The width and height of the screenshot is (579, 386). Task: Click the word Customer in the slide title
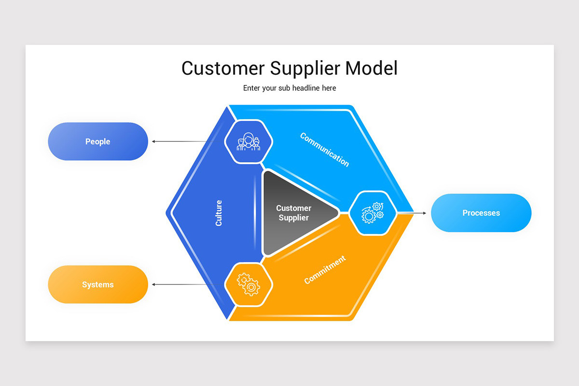click(223, 68)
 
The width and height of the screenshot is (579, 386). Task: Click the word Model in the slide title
click(371, 68)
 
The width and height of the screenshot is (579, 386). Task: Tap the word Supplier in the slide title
click(304, 69)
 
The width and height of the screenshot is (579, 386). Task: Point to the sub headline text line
click(289, 88)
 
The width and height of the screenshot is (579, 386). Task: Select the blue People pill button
click(98, 141)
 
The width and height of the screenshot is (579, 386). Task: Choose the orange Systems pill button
click(98, 285)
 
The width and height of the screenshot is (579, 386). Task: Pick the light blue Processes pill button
click(481, 213)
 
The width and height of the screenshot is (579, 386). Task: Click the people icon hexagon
click(249, 141)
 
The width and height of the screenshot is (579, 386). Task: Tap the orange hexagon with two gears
click(249, 285)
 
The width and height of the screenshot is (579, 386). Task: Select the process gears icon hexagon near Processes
click(372, 213)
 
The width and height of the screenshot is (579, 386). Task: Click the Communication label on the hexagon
click(324, 150)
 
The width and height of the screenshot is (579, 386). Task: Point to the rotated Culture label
click(219, 213)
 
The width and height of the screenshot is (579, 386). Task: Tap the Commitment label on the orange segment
click(325, 270)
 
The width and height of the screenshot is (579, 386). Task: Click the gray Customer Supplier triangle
click(294, 213)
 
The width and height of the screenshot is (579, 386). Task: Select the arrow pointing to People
click(179, 141)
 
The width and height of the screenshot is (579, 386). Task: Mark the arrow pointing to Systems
click(179, 285)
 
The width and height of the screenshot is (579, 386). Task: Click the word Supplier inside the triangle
click(294, 218)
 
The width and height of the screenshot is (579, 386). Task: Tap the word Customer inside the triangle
click(294, 208)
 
